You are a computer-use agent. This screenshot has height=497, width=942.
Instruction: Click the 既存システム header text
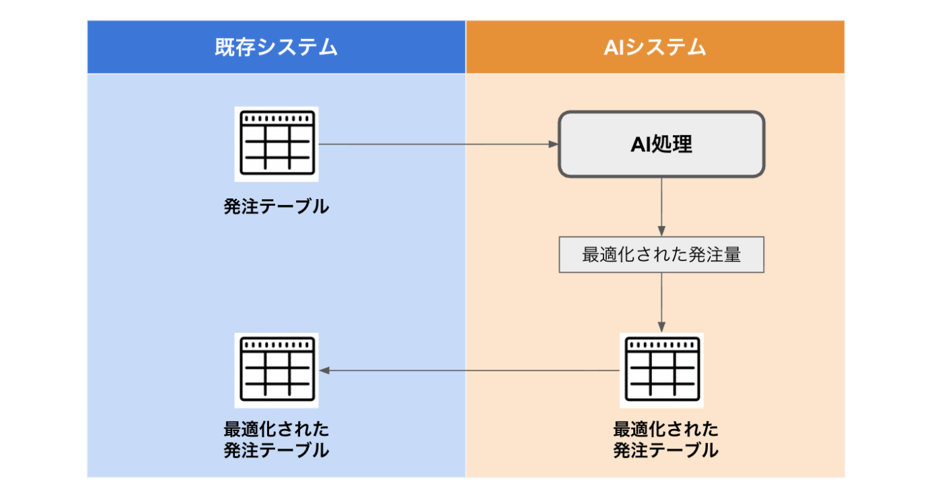(x=276, y=47)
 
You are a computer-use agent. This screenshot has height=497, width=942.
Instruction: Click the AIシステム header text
(x=655, y=47)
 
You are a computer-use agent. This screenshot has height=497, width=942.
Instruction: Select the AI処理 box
(x=661, y=145)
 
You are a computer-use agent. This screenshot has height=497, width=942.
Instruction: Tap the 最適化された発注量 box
(x=661, y=255)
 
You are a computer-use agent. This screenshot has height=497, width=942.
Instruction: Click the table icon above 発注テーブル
(x=277, y=144)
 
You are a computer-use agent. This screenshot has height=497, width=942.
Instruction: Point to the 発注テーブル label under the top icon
(x=277, y=206)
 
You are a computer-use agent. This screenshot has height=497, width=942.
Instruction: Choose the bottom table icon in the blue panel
(x=277, y=370)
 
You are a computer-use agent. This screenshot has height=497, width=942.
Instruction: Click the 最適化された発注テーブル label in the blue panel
(x=277, y=439)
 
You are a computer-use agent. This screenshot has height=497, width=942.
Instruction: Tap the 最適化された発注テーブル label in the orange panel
(x=665, y=439)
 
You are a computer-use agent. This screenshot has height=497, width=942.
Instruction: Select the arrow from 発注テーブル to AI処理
(x=437, y=144)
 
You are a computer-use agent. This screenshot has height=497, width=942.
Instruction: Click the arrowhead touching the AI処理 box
(x=554, y=144)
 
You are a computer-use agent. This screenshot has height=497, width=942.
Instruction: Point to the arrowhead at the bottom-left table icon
(x=324, y=370)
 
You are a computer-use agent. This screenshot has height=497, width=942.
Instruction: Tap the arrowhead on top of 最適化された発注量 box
(x=661, y=231)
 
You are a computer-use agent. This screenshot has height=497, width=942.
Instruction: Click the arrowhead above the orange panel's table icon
(x=661, y=328)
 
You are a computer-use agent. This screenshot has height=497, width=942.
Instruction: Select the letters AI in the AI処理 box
(x=640, y=145)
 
